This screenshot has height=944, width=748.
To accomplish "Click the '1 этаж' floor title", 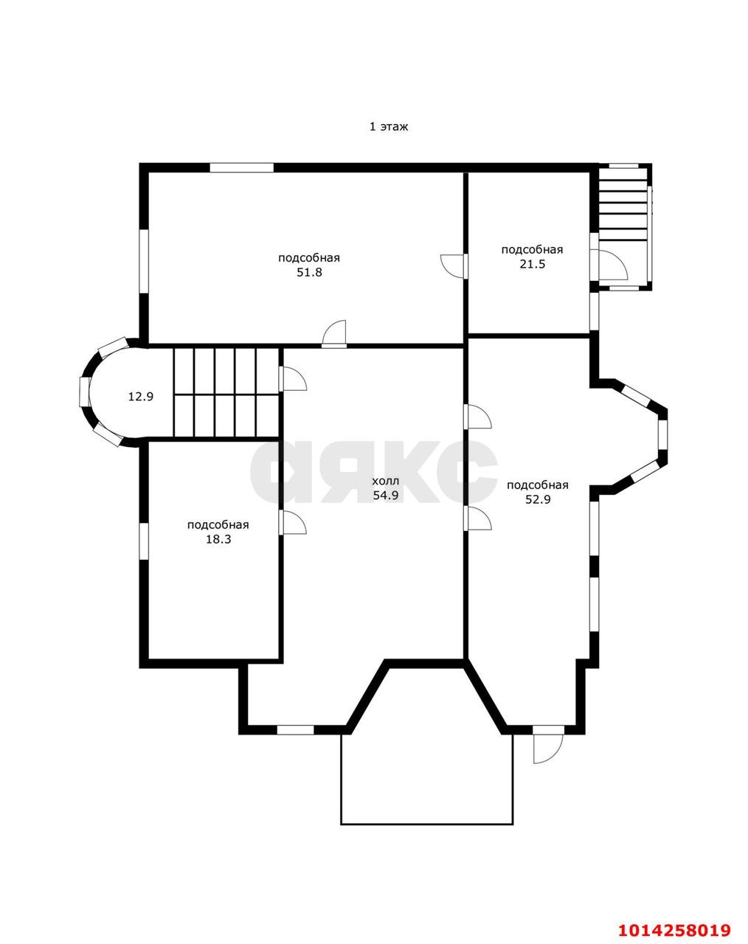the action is (389, 127).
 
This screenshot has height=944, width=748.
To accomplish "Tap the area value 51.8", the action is (309, 272).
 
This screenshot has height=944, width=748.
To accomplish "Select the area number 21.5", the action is (532, 265).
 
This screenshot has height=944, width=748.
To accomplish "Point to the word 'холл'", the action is (386, 481).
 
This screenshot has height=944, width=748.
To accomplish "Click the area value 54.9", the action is (386, 496).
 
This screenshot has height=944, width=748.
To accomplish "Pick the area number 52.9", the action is (538, 499).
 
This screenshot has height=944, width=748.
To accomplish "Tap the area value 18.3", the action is (218, 540).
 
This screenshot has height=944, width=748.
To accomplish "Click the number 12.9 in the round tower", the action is (141, 397).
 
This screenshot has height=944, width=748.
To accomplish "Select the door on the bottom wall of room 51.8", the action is (334, 334).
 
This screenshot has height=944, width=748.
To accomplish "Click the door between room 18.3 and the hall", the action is (293, 522).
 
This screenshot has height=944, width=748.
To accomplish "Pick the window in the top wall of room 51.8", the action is (242, 167).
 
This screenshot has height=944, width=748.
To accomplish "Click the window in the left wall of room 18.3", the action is (144, 541).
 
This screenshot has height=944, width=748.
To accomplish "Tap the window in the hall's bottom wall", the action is (296, 730).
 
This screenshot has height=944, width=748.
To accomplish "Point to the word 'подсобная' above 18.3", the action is (218, 525).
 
